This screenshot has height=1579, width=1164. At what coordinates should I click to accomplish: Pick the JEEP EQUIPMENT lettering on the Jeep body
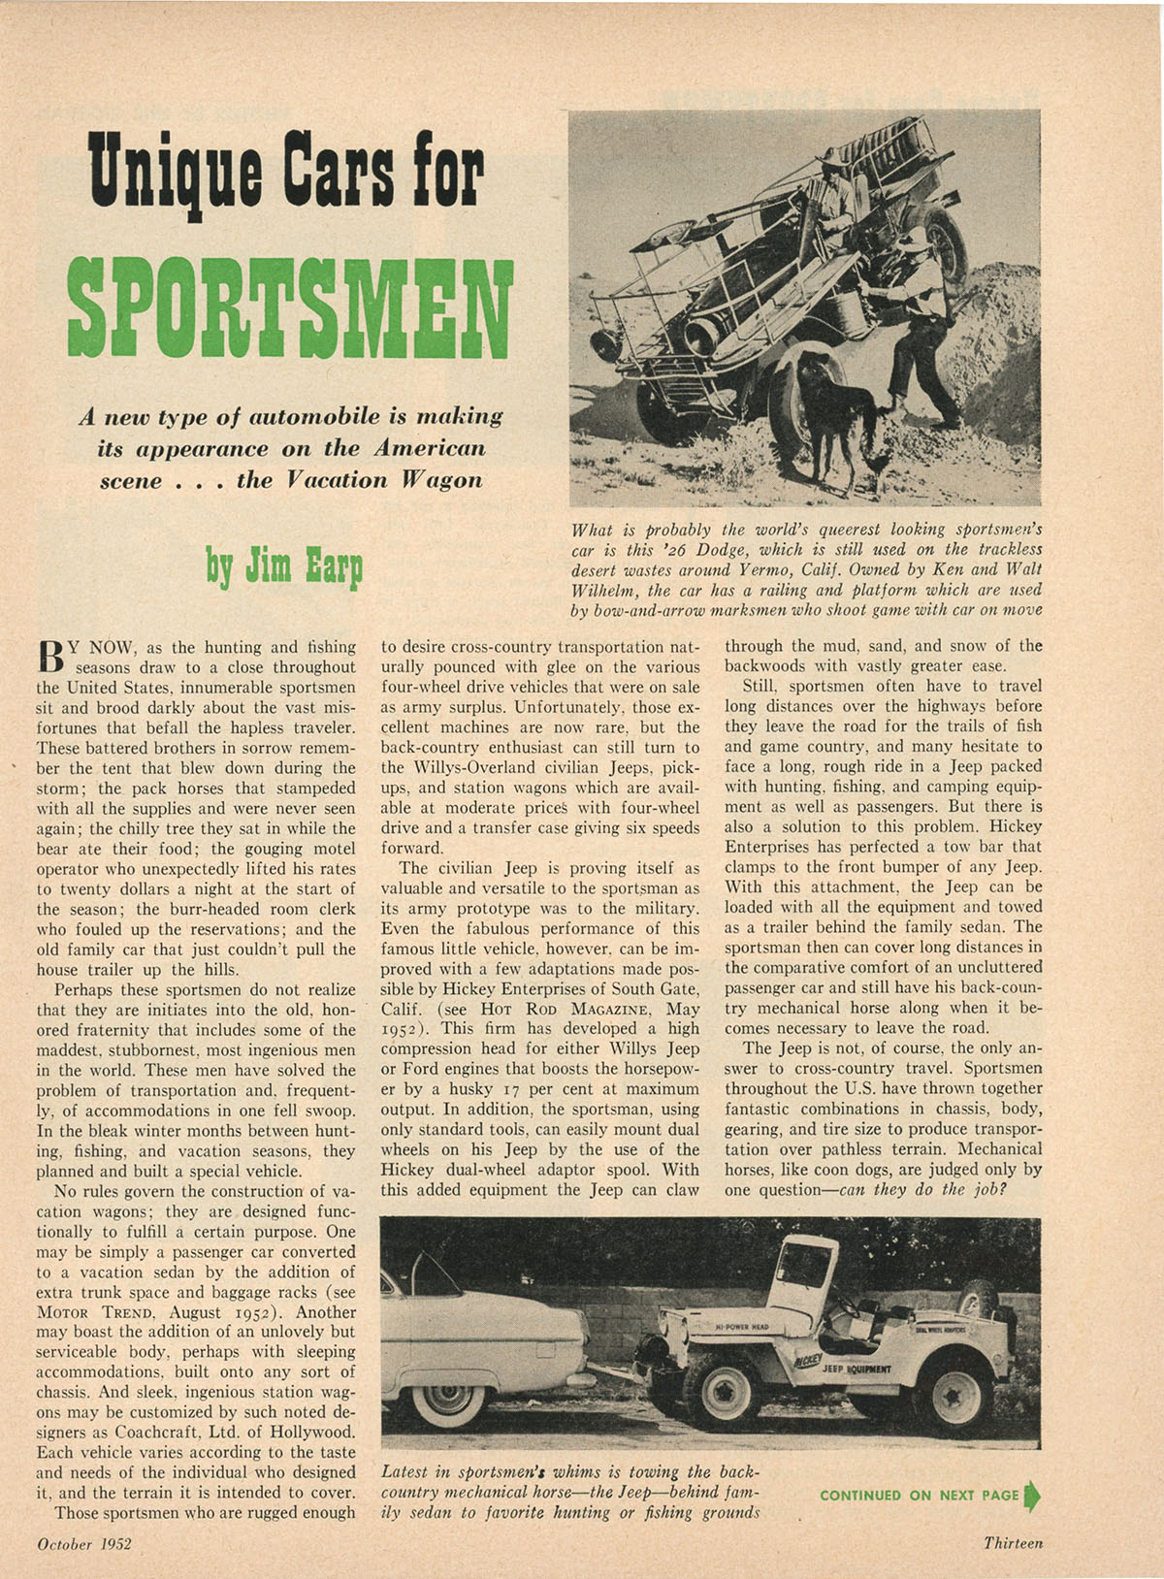pyautogui.click(x=857, y=1370)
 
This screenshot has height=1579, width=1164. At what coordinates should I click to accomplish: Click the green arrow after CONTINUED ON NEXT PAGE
pyautogui.click(x=1031, y=1495)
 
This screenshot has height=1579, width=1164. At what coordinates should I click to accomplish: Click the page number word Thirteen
pyautogui.click(x=1013, y=1543)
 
